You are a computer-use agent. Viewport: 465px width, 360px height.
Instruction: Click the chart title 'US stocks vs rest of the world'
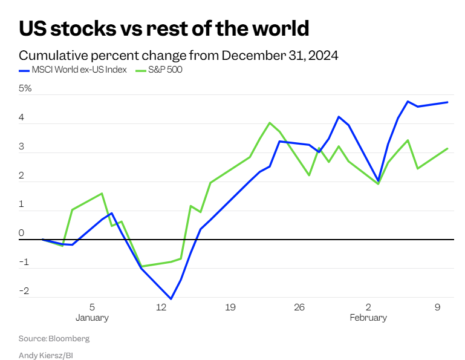[x=164, y=28]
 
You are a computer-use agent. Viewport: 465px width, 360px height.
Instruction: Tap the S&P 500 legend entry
[x=161, y=70]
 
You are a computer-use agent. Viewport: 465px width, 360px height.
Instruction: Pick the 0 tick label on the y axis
[x=21, y=233]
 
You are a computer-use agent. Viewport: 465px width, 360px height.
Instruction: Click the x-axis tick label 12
[x=161, y=307]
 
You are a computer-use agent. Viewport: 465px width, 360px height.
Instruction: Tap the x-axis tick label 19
[x=230, y=307]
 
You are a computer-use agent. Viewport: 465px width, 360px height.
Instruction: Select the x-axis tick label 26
[x=299, y=307]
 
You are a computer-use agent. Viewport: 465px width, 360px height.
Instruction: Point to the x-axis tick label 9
[x=437, y=307]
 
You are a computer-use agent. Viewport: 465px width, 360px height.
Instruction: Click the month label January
[x=92, y=318]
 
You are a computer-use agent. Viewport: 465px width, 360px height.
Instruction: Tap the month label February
[x=368, y=318]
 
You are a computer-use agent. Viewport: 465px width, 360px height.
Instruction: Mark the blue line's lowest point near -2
[x=171, y=299]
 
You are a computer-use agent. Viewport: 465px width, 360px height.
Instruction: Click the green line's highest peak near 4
[x=270, y=123]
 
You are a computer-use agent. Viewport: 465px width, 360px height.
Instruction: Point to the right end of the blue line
[x=447, y=102]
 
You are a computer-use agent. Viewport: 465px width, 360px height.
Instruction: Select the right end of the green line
[x=447, y=148]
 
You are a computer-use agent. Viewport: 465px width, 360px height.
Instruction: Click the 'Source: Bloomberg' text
[x=54, y=339]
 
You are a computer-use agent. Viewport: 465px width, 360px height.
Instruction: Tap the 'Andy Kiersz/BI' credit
[x=46, y=355]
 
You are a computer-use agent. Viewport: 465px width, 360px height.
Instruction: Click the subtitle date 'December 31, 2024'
[x=280, y=56]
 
